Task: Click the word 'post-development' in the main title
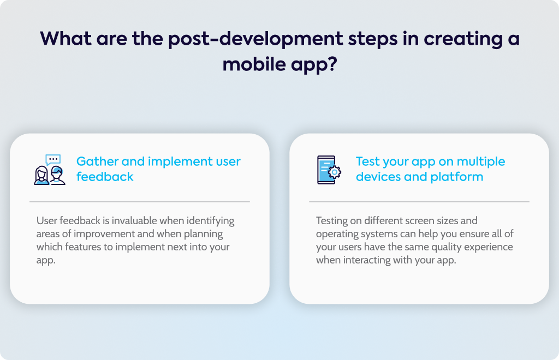pos(255,39)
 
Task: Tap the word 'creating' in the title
pos(463,39)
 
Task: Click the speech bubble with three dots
pos(53,159)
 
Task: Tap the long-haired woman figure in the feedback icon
pos(41,176)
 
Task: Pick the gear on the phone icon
pos(335,172)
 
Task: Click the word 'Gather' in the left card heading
pos(97,161)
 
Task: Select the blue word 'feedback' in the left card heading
pos(105,177)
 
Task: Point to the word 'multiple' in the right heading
pos(481,161)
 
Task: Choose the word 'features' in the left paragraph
pos(83,247)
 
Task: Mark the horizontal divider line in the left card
pos(140,201)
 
